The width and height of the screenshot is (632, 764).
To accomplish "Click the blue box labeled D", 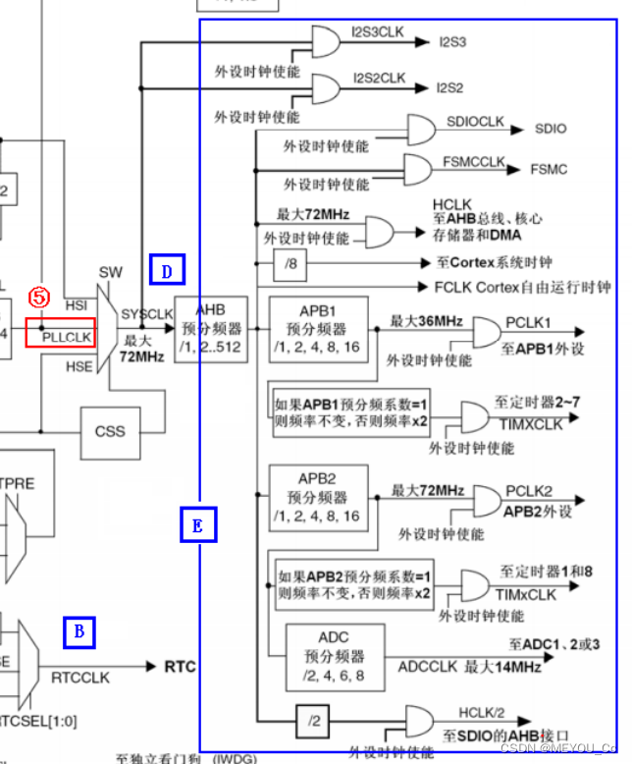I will click(167, 269).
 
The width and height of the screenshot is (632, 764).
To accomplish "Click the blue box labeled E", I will click(198, 525).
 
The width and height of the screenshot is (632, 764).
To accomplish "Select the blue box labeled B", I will click(79, 632).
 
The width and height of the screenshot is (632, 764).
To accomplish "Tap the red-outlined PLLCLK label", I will click(67, 335).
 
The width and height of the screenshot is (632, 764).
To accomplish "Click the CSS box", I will click(110, 430).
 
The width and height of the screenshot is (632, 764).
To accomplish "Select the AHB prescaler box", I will click(210, 329).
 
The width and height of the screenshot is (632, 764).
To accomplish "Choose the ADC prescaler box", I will click(333, 655).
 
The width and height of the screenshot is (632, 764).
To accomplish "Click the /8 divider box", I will click(290, 263).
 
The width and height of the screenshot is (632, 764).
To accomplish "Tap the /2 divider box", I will click(313, 721).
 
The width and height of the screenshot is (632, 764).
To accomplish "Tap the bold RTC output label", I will click(180, 668).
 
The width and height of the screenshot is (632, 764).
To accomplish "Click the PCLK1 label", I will click(529, 322).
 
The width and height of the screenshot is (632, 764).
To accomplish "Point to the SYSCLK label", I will click(145, 313).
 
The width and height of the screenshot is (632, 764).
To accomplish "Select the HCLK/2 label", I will click(483, 712).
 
